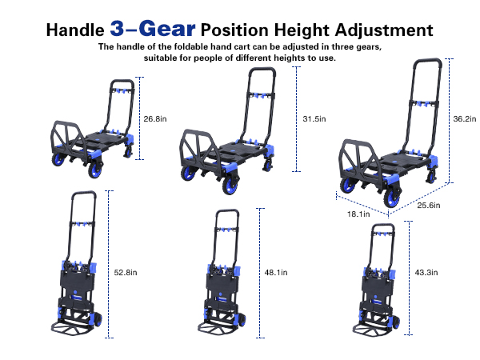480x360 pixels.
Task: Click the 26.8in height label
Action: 155,118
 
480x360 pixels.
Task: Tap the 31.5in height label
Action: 314,118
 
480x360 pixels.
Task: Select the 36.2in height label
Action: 465,118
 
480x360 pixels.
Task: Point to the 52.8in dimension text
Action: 126,273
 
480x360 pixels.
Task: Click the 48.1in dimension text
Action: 276,273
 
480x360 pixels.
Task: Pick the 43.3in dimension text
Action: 426,273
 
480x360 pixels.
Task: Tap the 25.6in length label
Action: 429,205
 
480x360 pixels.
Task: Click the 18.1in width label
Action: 358,214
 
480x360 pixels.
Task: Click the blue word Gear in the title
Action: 167,29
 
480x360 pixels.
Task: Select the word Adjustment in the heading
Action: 384,30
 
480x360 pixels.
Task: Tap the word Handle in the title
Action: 75,30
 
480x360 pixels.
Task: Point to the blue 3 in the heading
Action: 118,29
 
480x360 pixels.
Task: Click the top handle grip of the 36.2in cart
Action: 428,60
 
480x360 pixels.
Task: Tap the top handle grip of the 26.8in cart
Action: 122,82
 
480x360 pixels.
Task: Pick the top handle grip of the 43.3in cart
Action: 382,226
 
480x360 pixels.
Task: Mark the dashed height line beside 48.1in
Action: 260,273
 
